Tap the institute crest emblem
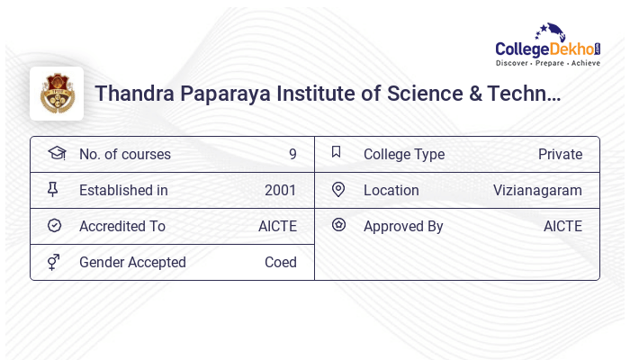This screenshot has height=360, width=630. point(57,94)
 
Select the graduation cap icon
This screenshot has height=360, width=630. point(56,153)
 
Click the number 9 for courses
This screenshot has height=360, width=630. point(292,154)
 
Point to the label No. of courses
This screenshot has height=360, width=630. point(125,154)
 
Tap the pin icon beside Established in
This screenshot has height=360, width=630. point(53,189)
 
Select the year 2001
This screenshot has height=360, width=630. point(280,190)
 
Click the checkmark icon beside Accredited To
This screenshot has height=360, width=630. point(54,225)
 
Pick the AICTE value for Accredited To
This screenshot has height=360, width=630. point(277,226)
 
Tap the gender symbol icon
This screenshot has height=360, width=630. point(54,262)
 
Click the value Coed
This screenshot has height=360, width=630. point(280,262)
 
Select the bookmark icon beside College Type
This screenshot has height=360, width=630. point(336,152)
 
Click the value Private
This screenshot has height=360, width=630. point(560,154)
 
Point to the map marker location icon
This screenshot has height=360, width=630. point(338,189)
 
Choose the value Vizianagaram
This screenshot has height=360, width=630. point(537,190)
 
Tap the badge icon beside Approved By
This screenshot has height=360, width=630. point(338,225)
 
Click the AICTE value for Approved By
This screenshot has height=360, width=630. point(562,226)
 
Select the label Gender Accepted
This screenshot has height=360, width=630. point(132,262)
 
